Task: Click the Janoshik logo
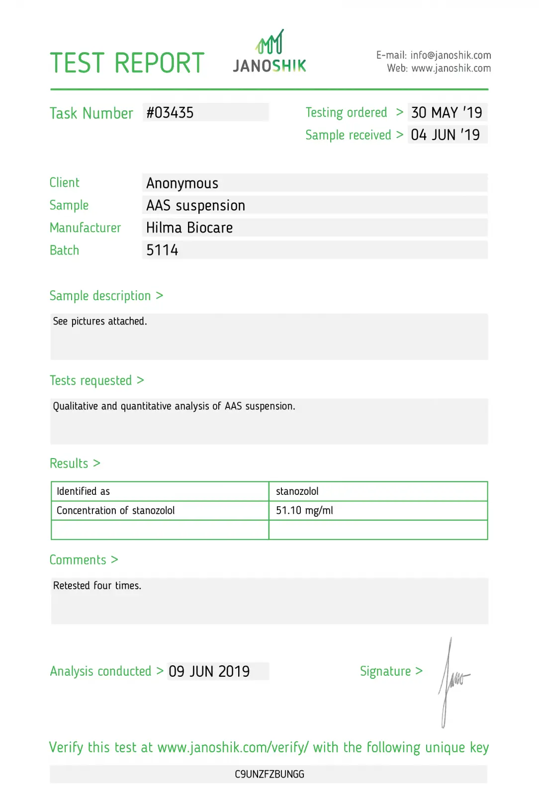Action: [x=269, y=52]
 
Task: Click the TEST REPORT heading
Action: [x=127, y=63]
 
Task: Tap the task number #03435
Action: [x=170, y=113]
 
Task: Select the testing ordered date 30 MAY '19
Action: [x=447, y=113]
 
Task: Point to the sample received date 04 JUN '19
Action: [x=446, y=135]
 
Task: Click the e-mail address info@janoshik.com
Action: [x=450, y=55]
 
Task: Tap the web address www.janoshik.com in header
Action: [x=451, y=68]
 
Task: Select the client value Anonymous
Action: [x=182, y=183]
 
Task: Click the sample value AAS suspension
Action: [x=196, y=206]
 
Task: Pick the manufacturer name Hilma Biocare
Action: [x=189, y=228]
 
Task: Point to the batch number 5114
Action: [x=162, y=250]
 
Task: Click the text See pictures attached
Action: [x=100, y=321]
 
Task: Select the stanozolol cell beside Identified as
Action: [x=297, y=491]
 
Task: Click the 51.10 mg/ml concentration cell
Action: [x=304, y=510]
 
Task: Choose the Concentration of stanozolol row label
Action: [x=116, y=510]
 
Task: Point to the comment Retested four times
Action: [x=97, y=586]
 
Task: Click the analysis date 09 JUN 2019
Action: [x=209, y=671]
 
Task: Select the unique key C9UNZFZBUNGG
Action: [x=269, y=774]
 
